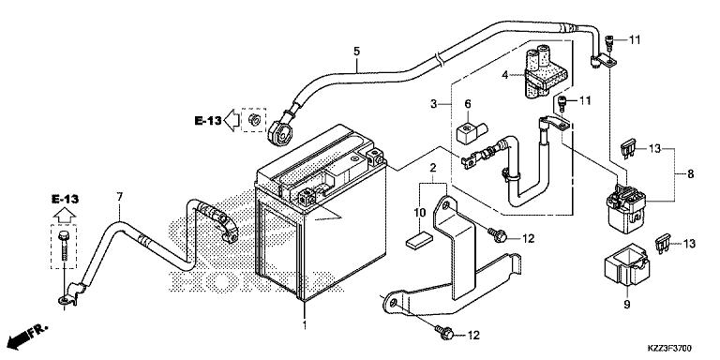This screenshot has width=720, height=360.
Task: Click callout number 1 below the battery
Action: (305, 326)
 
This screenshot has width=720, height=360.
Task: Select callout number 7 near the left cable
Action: (120, 197)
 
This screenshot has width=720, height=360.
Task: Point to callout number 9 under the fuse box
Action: (627, 305)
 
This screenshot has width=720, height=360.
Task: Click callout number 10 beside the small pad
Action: (420, 214)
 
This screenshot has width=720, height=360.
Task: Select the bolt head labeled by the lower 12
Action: (446, 333)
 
